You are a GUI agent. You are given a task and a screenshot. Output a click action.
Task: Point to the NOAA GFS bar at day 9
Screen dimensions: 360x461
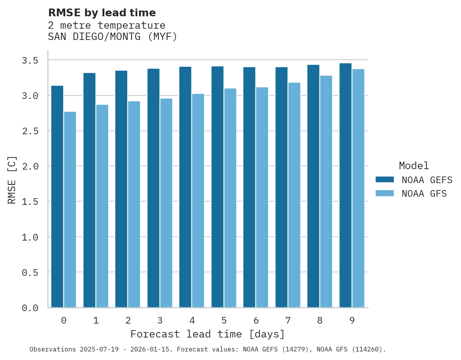[358, 188]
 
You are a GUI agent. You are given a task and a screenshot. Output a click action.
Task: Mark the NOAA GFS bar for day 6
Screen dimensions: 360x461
[262, 197]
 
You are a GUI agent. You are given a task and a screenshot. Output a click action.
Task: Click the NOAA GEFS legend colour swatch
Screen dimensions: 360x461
[385, 180]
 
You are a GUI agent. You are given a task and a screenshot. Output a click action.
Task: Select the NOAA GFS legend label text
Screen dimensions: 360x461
[424, 194]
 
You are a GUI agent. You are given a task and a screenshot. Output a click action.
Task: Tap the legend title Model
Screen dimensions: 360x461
[414, 166]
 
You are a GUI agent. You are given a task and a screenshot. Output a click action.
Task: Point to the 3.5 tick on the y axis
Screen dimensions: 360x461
[30, 61]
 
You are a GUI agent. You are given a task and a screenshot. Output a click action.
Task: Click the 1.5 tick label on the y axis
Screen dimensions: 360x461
[30, 202]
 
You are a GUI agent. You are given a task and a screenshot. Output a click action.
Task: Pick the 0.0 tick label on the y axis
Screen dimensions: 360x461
[30, 308]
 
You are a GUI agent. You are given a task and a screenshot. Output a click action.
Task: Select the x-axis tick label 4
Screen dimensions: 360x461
[192, 320]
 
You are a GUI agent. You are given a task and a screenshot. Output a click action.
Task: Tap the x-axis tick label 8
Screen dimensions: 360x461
[320, 320]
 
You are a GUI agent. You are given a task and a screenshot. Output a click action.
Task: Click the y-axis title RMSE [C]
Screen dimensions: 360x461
[12, 180]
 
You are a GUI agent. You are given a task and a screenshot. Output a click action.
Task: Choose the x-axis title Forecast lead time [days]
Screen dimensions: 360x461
[208, 334]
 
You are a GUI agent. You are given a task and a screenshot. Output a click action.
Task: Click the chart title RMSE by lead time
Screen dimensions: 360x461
[102, 13]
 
